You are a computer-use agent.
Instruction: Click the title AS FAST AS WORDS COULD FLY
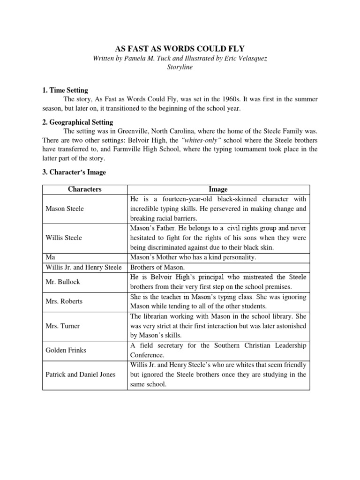180,48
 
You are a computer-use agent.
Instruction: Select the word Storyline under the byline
180,67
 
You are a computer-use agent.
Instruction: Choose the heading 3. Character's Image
74,172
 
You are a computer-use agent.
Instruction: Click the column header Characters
85,189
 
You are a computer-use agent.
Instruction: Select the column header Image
218,189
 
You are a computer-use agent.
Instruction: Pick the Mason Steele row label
65,209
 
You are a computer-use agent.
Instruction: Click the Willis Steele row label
64,238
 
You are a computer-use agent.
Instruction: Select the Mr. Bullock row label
62,282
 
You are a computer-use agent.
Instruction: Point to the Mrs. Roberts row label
64,301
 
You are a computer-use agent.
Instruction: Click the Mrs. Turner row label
63,326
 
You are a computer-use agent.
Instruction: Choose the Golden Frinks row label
66,350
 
